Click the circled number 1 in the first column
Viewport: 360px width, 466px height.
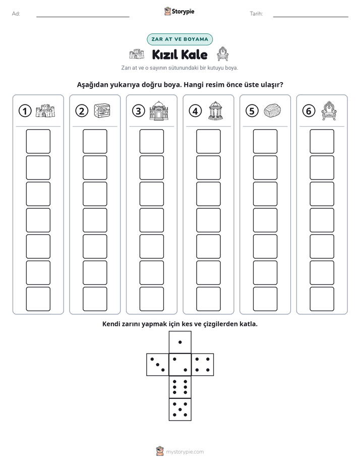[x=25, y=111]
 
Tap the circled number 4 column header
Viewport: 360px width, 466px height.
[x=195, y=111]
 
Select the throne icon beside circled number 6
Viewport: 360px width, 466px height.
[x=329, y=110]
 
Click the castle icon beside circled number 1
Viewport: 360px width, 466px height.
[x=45, y=110]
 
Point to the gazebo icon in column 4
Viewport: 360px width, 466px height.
[x=216, y=110]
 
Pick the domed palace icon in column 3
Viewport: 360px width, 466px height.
[x=159, y=110]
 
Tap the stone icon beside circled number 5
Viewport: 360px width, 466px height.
[x=272, y=110]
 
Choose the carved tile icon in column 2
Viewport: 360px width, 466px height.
[x=102, y=111]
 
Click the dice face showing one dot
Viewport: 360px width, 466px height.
[x=180, y=342]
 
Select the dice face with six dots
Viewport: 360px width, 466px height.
[x=180, y=387]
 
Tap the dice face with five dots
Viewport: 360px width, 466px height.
[x=180, y=410]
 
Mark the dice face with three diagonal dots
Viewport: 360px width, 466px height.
[x=157, y=365]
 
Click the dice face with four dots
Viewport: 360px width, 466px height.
[x=203, y=365]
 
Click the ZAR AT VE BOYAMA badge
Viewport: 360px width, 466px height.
[x=179, y=39]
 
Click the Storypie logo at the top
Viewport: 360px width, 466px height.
[x=179, y=11]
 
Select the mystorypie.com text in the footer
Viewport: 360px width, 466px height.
[x=185, y=452]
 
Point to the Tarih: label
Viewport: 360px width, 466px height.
[x=256, y=14]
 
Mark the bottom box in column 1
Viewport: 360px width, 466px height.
[x=38, y=299]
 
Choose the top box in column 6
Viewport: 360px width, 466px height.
[x=322, y=141]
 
